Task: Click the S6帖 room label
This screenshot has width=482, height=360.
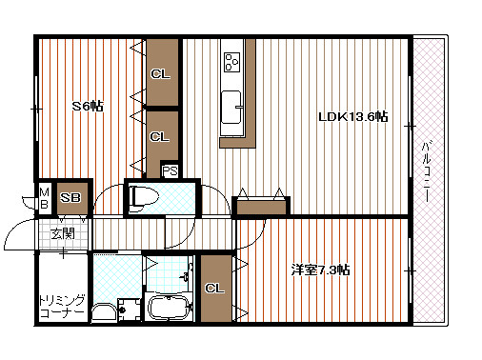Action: (88, 106)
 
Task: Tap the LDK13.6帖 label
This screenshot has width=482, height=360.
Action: (353, 116)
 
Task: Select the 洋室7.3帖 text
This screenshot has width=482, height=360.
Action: (321, 270)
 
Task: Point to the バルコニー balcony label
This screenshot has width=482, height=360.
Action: (426, 171)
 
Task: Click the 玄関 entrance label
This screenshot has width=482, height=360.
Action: (63, 234)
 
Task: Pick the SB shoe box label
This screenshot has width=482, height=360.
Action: (70, 198)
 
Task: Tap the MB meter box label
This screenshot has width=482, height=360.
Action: (45, 198)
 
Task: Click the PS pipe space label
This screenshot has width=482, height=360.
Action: (170, 171)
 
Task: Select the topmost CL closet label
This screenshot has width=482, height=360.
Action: (160, 74)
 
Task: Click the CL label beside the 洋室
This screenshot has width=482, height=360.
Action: (214, 289)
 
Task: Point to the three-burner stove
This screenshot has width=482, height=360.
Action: (232, 62)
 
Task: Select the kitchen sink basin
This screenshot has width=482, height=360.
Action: (231, 108)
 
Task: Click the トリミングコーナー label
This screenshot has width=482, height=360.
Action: (62, 307)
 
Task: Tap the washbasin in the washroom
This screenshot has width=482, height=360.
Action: (104, 312)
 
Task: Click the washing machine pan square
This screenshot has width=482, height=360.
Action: (129, 310)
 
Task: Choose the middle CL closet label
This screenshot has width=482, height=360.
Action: (159, 137)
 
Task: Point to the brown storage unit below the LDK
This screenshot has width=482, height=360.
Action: (261, 207)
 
